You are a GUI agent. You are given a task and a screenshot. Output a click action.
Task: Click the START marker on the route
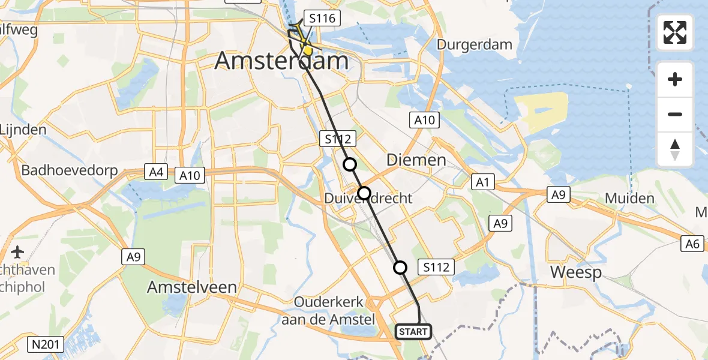pos(413,331)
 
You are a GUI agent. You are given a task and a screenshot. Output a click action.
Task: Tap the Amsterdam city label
pos(281,62)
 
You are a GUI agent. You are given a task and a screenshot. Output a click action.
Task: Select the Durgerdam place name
pos(475,44)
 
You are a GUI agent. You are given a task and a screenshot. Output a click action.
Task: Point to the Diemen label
pos(416,160)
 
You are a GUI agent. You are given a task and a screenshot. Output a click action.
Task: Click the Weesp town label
pos(575,272)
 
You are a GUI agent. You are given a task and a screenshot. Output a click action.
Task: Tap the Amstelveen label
pos(191,287)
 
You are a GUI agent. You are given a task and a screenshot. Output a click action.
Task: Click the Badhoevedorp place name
pos(70,170)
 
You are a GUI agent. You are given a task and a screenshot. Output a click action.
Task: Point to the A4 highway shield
pos(157,173)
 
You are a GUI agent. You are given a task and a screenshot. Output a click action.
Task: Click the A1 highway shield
pos(481,182)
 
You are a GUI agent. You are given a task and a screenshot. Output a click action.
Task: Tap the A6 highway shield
pos(693,243)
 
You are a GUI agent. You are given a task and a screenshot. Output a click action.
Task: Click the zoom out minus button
pos(675,115)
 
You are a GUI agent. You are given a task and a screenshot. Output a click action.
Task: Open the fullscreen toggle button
pos(675,32)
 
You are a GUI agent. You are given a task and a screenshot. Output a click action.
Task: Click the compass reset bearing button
pos(675,149)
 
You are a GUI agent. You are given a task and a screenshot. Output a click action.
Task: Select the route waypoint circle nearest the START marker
pos(400,268)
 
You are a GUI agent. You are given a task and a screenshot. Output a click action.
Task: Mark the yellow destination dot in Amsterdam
pos(307,51)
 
